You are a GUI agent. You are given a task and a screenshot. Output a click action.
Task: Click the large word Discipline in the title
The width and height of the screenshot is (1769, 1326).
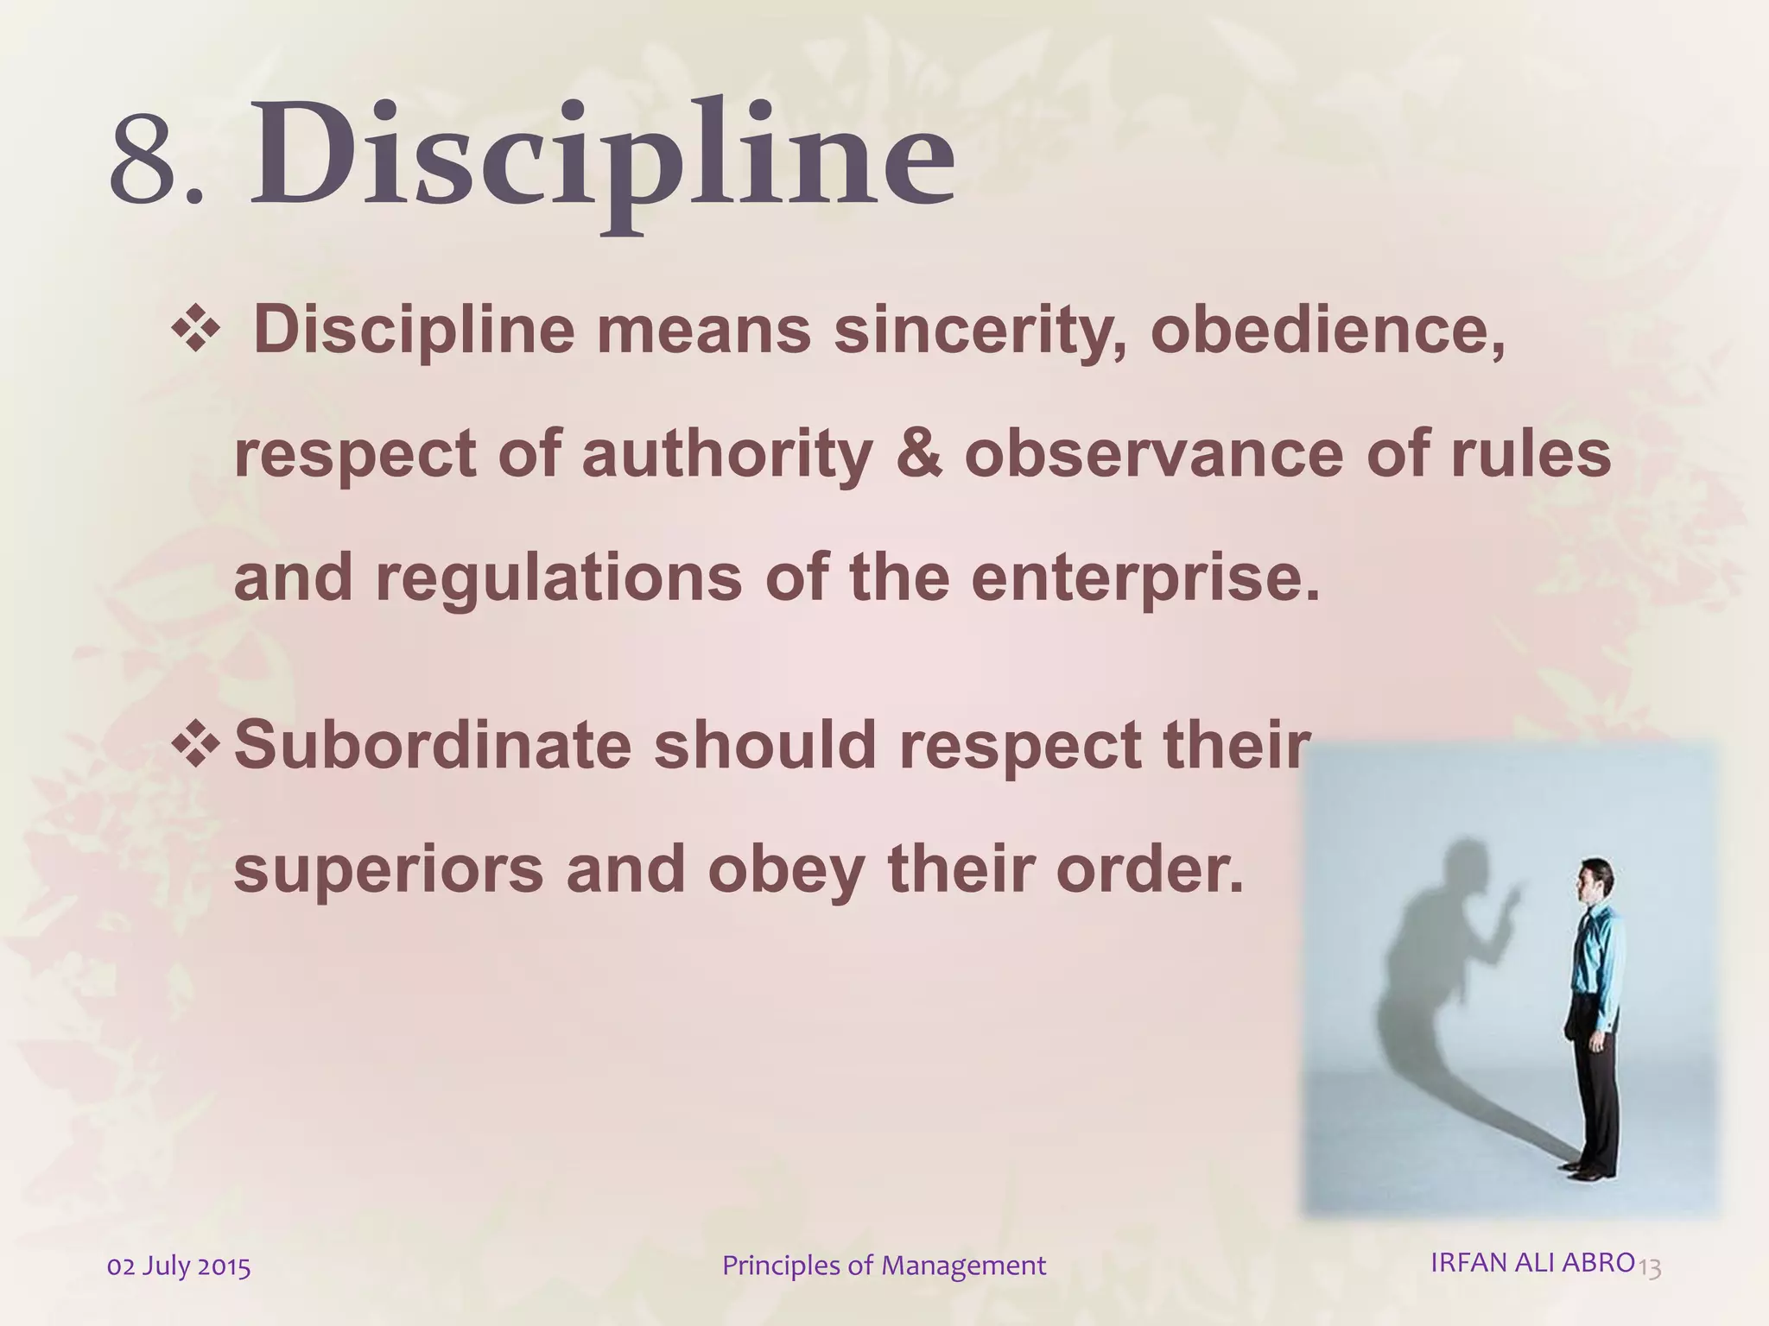coord(602,160)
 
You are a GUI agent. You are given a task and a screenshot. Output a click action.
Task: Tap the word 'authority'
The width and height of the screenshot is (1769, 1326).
coord(727,455)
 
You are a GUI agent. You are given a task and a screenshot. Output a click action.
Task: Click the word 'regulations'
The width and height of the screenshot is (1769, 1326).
coord(558,578)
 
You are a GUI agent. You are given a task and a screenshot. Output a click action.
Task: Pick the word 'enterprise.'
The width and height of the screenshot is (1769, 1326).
coord(1146,579)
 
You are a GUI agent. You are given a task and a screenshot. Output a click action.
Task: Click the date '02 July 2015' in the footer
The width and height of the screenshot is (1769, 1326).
coord(179,1267)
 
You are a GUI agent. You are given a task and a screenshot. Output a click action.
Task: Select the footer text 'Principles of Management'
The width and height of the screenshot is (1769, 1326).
coord(884,1266)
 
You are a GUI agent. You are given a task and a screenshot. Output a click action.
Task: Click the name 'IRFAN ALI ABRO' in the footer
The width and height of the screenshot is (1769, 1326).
coord(1532,1262)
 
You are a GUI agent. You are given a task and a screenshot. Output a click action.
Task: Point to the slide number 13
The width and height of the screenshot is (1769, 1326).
coord(1650,1268)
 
